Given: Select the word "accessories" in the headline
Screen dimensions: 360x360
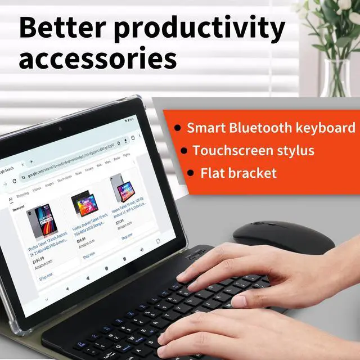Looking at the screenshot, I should coord(98,59).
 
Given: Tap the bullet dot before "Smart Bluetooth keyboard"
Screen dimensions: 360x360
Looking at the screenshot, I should coord(177,128).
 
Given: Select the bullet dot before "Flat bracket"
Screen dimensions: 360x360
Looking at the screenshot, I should coord(191,173).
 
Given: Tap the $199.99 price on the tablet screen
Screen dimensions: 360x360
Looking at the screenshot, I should coord(38,260).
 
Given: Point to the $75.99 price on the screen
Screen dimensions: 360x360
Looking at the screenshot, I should coord(119,222).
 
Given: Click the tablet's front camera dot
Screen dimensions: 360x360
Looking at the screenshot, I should coord(60,128).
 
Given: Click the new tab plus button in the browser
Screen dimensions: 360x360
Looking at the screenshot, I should coord(31,161).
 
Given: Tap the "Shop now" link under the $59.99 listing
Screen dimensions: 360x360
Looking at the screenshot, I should coord(89,255).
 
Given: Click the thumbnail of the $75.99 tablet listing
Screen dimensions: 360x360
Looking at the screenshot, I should coord(120,187).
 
